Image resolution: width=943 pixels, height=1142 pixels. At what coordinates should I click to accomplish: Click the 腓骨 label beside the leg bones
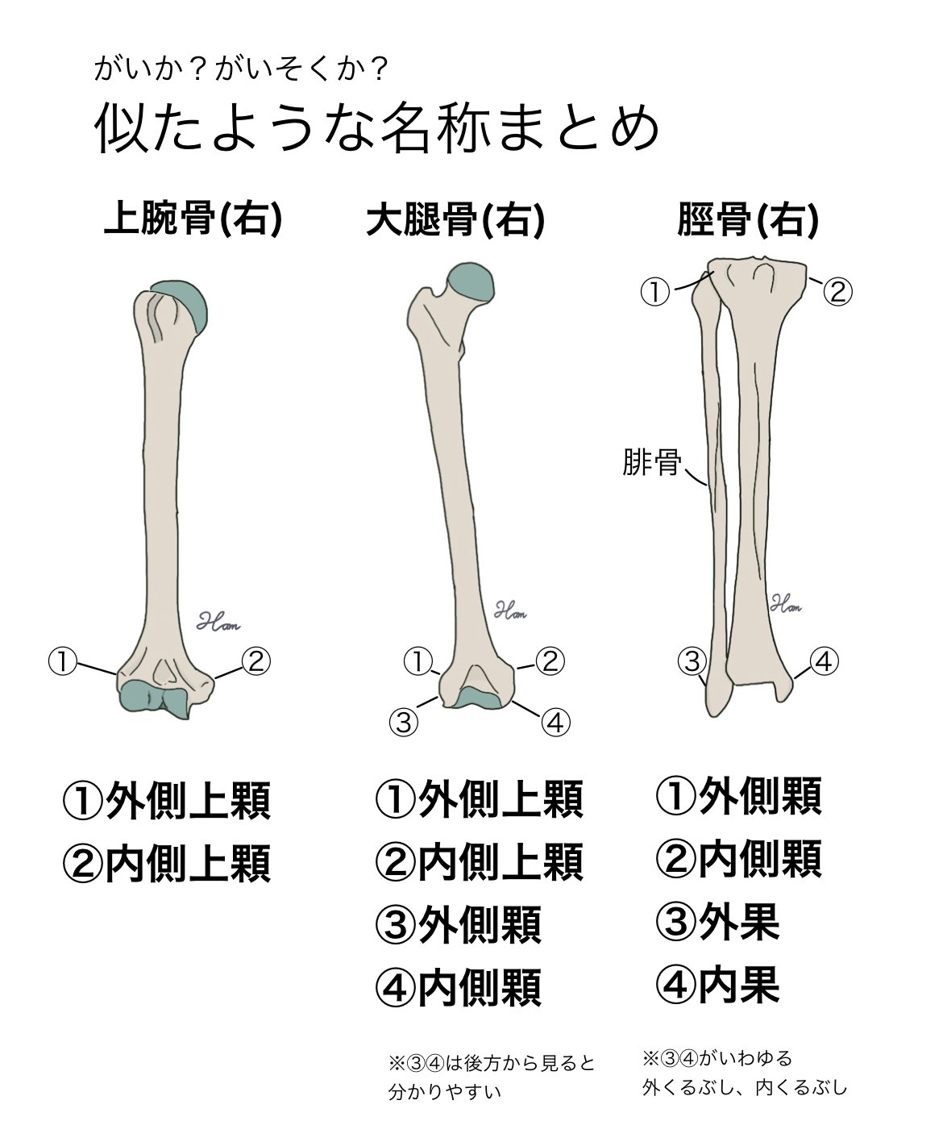coord(651,464)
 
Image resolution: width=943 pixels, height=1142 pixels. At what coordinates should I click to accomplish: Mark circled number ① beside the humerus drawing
coord(62,662)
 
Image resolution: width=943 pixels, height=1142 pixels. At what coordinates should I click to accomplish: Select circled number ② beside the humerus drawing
coord(255,662)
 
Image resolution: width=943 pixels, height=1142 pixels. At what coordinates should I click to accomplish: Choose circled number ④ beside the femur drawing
coord(555,720)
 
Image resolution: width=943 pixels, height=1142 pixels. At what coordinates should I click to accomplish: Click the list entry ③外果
coord(718,922)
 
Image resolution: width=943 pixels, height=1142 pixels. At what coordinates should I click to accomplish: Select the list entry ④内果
coord(718,983)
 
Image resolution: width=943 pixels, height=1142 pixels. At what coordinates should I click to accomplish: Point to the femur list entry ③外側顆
coord(459,925)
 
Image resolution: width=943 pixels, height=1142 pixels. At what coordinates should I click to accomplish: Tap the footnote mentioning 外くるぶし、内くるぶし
coord(745,1087)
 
